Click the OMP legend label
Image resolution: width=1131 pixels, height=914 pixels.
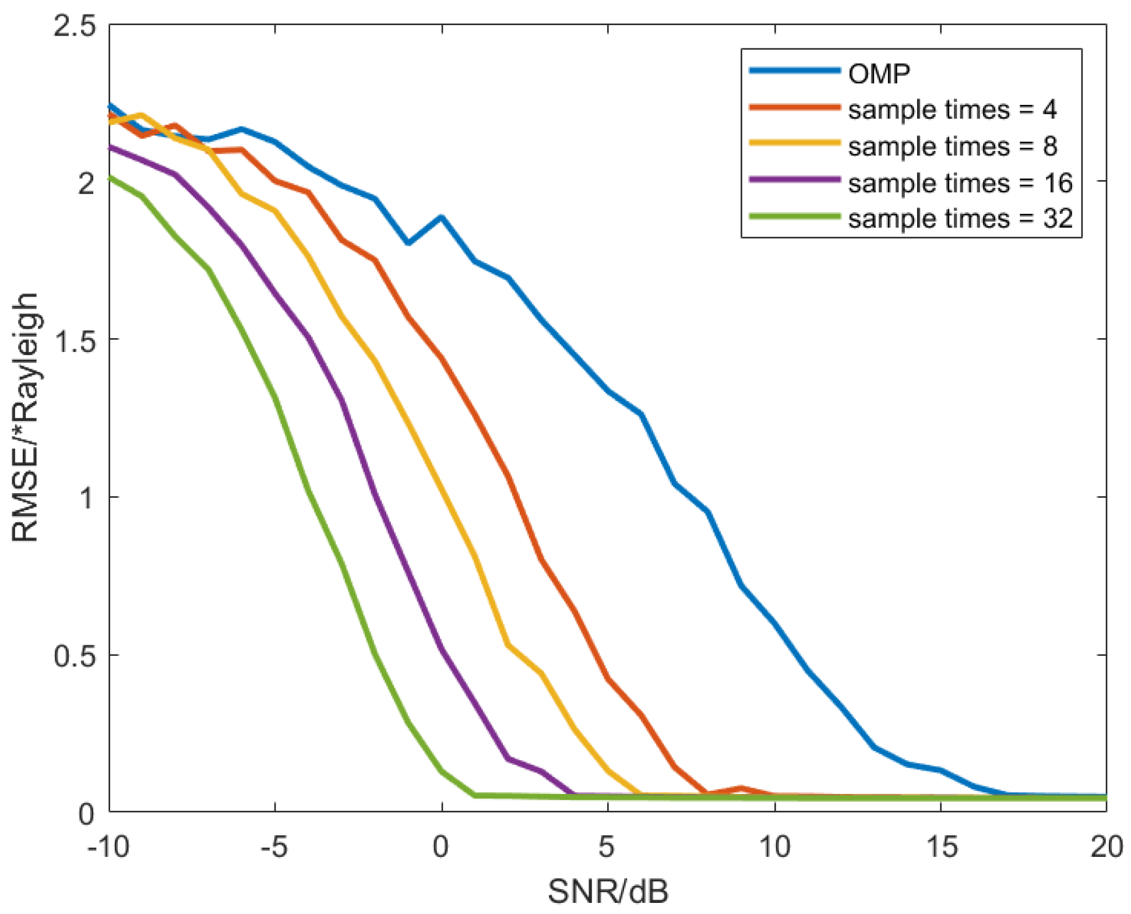click(x=879, y=74)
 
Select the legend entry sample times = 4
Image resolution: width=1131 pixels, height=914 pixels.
click(x=952, y=110)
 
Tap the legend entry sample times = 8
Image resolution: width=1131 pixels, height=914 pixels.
click(x=952, y=146)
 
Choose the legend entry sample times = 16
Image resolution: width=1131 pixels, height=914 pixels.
click(x=960, y=183)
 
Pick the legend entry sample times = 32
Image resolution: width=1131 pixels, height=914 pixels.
click(x=960, y=219)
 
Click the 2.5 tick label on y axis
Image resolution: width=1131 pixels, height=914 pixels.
click(x=74, y=26)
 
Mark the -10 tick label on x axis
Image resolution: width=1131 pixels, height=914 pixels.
click(x=108, y=846)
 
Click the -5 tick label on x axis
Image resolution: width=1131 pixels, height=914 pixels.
click(x=274, y=846)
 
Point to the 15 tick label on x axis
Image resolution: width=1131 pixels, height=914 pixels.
click(x=941, y=846)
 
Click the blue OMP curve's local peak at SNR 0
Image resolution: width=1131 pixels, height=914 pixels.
click(x=442, y=217)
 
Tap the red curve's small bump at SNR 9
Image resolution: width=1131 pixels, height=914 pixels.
click(x=741, y=789)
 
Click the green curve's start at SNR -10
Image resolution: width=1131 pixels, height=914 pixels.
click(x=111, y=177)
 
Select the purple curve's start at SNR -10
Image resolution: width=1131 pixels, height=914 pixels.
click(x=111, y=147)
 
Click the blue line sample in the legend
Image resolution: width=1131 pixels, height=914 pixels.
click(x=794, y=71)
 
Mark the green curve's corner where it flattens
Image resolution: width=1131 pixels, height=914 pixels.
click(x=475, y=795)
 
